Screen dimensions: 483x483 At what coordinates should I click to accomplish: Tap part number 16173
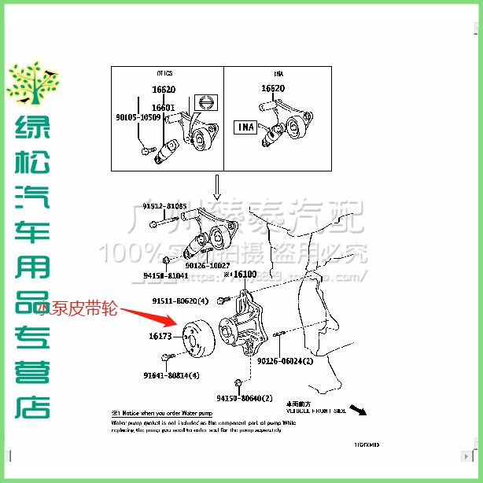(x=160, y=336)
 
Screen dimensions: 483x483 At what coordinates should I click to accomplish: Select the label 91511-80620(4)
(x=180, y=300)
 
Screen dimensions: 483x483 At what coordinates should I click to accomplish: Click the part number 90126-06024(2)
(x=285, y=361)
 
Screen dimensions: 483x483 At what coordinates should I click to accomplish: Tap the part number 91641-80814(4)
(x=171, y=375)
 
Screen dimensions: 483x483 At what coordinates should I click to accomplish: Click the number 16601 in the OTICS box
(x=163, y=107)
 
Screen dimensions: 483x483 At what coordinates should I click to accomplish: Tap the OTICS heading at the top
(x=164, y=73)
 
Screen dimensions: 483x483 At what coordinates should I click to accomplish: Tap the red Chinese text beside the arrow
(x=77, y=309)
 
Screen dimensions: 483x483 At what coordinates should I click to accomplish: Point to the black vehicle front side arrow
(x=359, y=410)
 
